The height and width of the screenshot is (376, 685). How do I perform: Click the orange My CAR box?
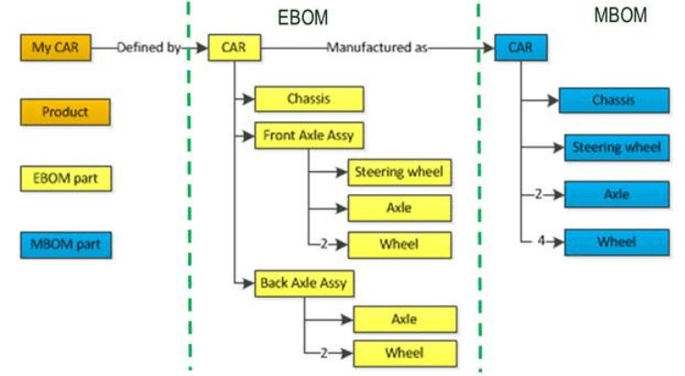pyautogui.click(x=55, y=47)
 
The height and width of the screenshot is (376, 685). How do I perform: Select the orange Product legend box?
pyautogui.click(x=65, y=112)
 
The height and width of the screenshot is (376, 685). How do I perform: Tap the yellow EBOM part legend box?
pyautogui.click(x=65, y=178)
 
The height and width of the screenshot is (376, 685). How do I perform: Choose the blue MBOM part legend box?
pyautogui.click(x=65, y=245)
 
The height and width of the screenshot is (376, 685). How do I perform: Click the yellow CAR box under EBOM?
pyautogui.click(x=235, y=47)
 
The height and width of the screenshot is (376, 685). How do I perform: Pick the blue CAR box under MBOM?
pyautogui.click(x=521, y=47)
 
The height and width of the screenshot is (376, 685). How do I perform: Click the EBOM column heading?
pyautogui.click(x=303, y=17)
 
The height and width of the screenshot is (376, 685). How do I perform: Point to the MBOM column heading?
pyautogui.click(x=620, y=15)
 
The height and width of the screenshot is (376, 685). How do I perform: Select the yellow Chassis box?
pyautogui.click(x=309, y=99)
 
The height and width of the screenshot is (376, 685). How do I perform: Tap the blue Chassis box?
pyautogui.click(x=613, y=100)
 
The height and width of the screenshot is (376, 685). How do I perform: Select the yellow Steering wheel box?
pyautogui.click(x=399, y=172)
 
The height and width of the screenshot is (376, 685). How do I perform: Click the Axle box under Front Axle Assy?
pyautogui.click(x=399, y=209)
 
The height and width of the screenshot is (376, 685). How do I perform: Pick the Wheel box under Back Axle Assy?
pyautogui.click(x=405, y=353)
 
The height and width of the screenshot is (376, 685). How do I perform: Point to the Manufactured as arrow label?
pyautogui.click(x=377, y=47)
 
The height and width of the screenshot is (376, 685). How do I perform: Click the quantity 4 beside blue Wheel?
pyautogui.click(x=542, y=242)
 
